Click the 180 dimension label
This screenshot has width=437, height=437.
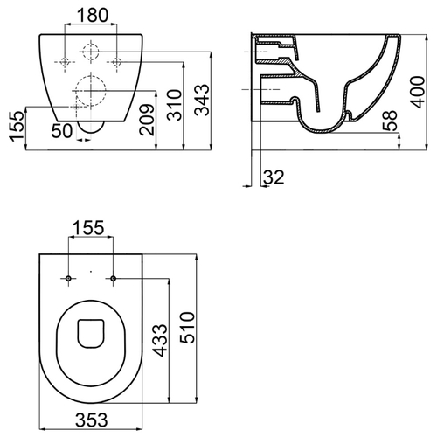93,16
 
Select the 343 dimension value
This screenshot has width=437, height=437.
202,100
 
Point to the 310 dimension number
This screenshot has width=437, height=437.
175,105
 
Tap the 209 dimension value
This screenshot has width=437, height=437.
147,120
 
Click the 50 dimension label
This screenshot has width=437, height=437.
62,131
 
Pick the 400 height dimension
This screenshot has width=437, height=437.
418,92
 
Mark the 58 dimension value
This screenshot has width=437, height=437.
390,120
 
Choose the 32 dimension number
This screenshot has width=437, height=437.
274,177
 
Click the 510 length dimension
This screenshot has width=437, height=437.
187,328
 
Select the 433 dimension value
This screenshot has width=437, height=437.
161,340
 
